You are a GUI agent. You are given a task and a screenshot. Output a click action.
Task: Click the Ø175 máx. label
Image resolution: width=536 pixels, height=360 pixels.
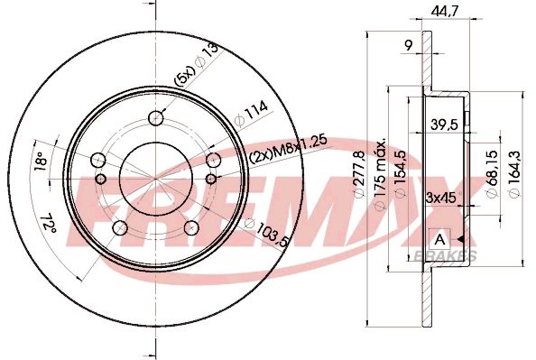(381, 170)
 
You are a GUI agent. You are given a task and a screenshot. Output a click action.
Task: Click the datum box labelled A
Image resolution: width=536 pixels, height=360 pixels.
(439, 239)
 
